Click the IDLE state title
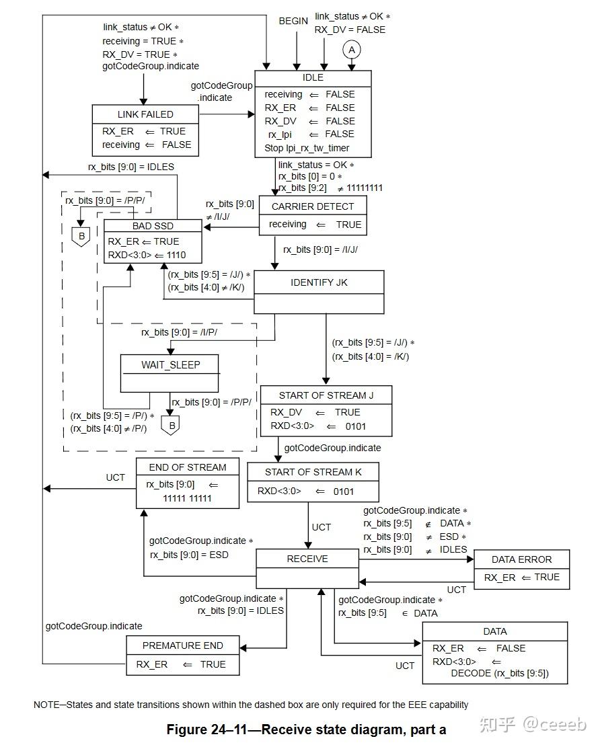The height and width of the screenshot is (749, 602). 313,78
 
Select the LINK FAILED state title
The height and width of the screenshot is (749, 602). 145,114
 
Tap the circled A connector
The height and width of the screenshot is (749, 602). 351,49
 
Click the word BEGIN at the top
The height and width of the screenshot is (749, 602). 293,22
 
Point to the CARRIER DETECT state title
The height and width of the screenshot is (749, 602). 312,206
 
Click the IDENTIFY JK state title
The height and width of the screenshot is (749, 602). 319,282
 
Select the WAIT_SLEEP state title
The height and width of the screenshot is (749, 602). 170,365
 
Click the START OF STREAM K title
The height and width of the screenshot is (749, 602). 313,472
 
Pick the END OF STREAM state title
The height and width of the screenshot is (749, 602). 187,467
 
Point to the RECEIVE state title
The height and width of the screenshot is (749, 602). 307,559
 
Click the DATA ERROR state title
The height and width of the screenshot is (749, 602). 521,559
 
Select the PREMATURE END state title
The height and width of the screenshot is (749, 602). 182,645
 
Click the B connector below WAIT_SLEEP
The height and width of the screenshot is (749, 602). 170,426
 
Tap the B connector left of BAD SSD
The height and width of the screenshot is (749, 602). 81,236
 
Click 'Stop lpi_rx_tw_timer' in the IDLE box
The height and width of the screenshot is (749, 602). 307,148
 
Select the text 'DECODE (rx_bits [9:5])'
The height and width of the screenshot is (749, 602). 499,673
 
